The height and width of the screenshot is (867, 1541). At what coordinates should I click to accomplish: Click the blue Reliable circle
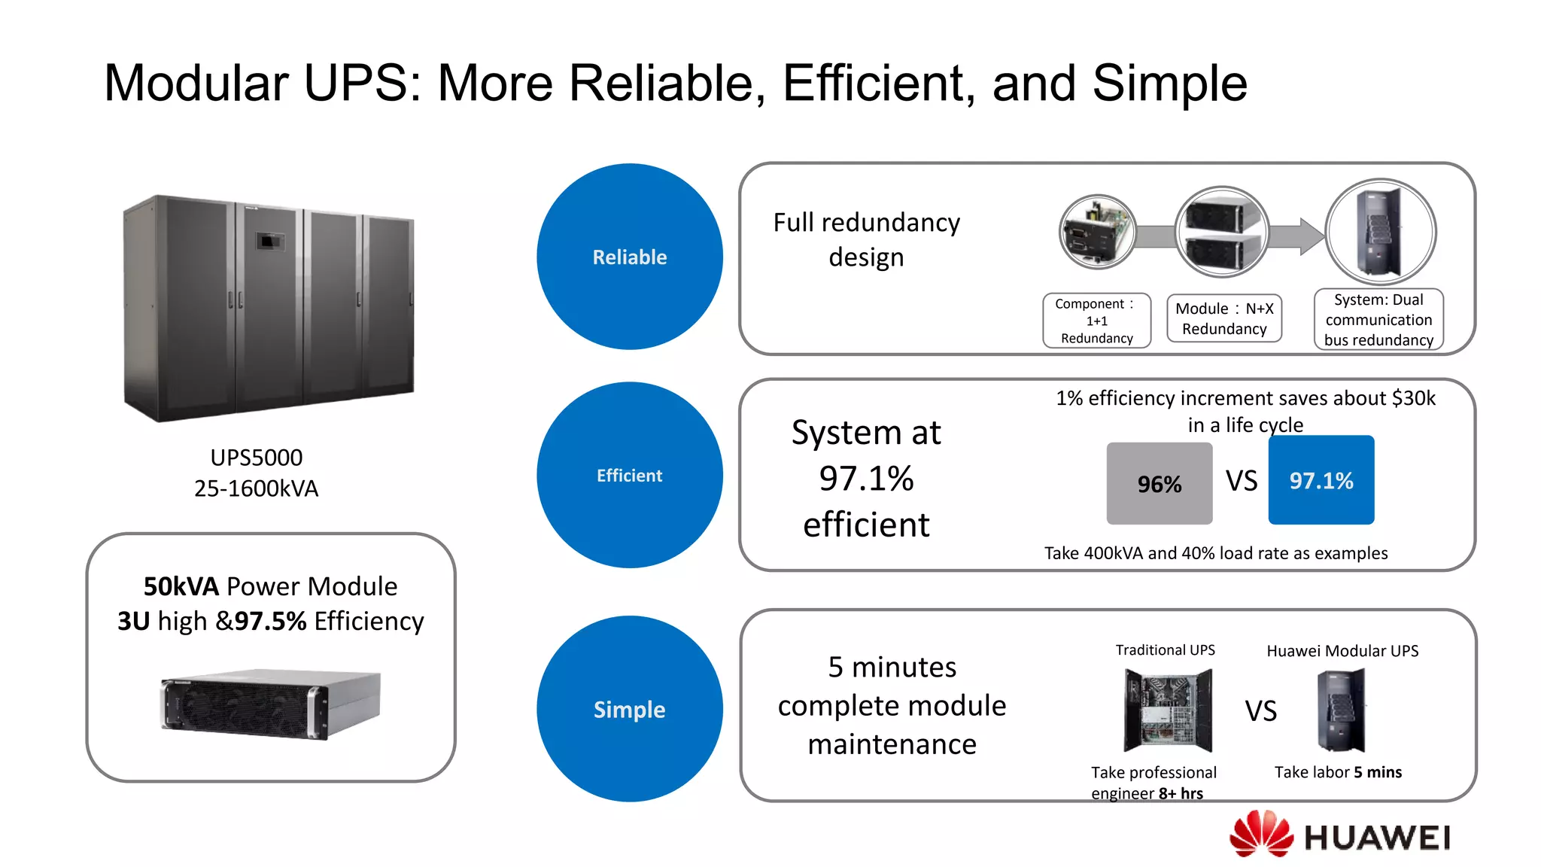[629, 257]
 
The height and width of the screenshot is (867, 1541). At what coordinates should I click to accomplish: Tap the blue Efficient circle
[629, 475]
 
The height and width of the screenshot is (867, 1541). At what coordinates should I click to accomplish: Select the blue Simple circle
[629, 709]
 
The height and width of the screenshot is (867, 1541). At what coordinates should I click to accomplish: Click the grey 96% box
[1159, 483]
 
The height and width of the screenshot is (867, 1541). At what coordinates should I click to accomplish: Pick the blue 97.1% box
[1321, 480]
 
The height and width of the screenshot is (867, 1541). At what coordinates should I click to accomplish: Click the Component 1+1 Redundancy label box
[1096, 321]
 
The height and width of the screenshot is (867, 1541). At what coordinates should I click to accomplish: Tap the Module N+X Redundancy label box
[1224, 318]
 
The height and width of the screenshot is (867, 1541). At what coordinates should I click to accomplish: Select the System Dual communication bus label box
[1378, 320]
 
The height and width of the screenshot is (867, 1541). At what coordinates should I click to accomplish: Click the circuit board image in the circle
[1097, 232]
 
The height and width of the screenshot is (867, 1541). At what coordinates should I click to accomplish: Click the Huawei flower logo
[1260, 833]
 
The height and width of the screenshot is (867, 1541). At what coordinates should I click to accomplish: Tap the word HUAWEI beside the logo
[1376, 838]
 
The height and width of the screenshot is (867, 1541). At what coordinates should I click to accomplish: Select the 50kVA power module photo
[270, 704]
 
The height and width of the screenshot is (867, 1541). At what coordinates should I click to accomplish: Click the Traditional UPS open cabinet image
[1167, 710]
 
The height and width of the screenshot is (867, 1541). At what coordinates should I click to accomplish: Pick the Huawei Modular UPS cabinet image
[1340, 710]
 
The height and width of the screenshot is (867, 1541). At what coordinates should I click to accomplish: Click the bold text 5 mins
[1377, 772]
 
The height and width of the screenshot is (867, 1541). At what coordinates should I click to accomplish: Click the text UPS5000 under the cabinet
[256, 458]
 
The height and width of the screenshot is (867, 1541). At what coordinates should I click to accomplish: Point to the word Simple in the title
[1169, 83]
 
